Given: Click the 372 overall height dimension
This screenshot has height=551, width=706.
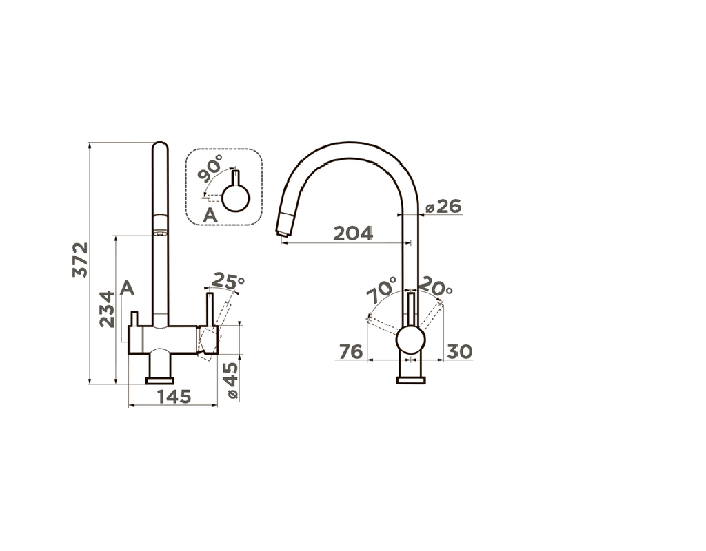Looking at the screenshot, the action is (81, 260).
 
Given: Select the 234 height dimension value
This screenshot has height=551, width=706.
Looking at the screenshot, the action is (107, 309).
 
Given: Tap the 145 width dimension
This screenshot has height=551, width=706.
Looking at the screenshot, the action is (174, 397).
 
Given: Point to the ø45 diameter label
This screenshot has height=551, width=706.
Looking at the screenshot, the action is (232, 380).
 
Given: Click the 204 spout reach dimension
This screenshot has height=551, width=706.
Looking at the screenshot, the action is (353, 233).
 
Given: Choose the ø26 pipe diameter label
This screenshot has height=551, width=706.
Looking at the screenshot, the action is (443, 207).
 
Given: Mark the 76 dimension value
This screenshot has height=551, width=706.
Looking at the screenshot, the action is (351, 351).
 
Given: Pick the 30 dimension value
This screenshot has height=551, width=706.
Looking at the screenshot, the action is (459, 351).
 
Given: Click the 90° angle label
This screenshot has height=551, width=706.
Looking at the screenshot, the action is (210, 168).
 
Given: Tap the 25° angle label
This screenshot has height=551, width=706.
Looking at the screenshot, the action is (228, 281).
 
